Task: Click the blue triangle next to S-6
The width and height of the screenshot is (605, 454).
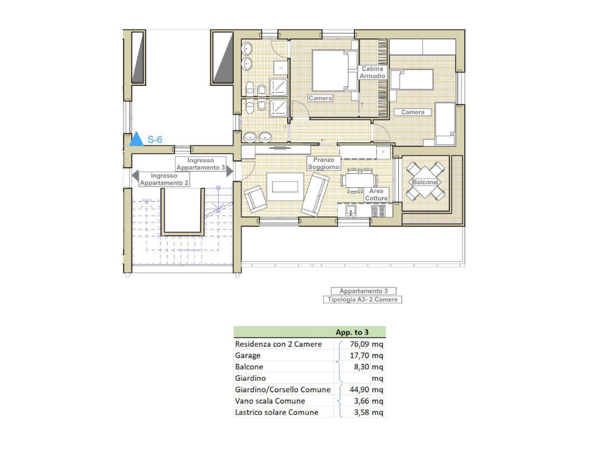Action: pos(136,139)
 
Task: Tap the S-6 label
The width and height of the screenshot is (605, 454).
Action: pos(155,140)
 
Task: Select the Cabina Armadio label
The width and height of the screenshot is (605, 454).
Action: pos(372,73)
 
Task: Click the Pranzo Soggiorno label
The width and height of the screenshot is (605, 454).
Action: pos(325,164)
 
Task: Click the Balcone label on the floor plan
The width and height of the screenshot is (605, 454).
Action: pos(425,182)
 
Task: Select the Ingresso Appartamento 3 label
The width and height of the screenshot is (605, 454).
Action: pos(200,164)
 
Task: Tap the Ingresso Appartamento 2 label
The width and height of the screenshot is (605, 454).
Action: pos(164,179)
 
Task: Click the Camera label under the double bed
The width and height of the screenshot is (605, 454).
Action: pos(320,98)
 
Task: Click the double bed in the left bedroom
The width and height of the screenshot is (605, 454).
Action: pos(330,71)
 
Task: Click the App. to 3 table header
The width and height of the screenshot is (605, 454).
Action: pos(352,332)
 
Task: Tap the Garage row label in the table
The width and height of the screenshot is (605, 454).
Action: pos(248,356)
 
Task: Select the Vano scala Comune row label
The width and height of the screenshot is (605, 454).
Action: pos(270,401)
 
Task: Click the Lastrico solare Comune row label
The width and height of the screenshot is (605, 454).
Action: pos(276,412)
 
